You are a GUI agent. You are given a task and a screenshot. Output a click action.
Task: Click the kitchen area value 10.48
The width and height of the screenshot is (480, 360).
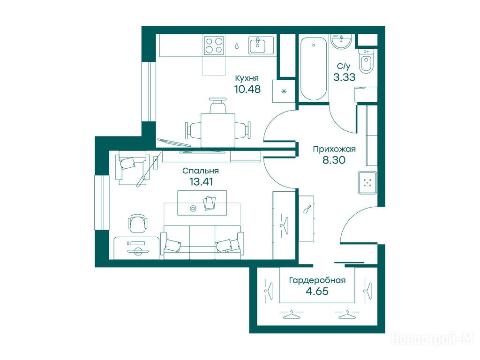pos(247,89)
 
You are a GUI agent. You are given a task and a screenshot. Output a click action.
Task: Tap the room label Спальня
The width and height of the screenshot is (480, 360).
pos(201,171)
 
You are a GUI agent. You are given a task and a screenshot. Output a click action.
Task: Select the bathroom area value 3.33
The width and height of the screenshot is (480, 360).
pos(345,77)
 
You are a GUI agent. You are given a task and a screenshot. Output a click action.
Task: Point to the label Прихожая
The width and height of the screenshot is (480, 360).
pos(334,149)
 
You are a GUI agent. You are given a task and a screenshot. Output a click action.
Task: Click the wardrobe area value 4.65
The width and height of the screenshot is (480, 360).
pos(317,291)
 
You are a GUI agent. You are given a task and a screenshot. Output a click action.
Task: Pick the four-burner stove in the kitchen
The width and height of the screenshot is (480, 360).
pos(214,45)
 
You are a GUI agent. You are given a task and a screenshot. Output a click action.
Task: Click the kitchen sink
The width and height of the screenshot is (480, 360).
pos(261,45)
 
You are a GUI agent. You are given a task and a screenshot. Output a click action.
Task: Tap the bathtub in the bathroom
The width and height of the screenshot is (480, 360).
pos(314,68)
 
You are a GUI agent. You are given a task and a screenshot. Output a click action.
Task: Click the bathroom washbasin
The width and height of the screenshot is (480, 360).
pos(341,41)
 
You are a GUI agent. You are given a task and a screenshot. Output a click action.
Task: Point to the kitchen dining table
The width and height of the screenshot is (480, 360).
pos(218,130)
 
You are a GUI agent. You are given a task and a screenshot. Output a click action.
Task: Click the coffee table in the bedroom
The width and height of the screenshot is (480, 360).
pos(202,203)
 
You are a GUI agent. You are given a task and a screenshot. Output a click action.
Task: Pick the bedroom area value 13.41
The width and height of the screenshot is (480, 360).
pos(201,182)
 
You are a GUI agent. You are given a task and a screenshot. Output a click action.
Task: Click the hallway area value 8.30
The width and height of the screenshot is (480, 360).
pos(334,160)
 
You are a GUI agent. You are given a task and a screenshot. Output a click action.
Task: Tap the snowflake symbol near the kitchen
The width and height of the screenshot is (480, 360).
pos(284,91)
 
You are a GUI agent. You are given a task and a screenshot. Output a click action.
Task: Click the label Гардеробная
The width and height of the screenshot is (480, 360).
pos(317,280)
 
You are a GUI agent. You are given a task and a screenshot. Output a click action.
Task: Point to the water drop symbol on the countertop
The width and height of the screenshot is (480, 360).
pos(237,45)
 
